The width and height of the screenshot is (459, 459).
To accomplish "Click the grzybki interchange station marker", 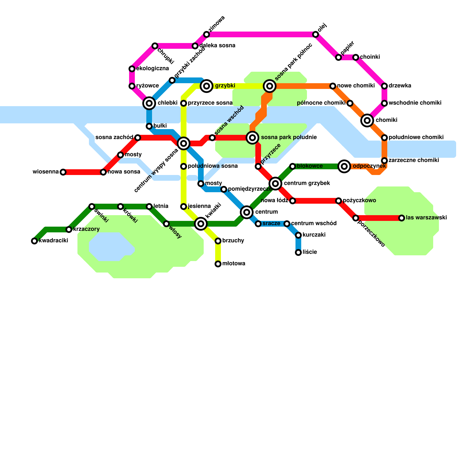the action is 207,86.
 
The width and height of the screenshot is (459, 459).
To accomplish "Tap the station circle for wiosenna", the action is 63,172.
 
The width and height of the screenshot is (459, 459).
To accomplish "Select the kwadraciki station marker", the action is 34,241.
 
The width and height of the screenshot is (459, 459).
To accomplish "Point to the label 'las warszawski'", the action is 426,218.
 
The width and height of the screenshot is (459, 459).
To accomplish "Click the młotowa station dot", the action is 218,264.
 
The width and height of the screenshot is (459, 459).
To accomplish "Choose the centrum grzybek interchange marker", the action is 275,183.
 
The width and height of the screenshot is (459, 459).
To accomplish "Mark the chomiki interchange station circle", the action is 367,120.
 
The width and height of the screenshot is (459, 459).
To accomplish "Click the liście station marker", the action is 298,252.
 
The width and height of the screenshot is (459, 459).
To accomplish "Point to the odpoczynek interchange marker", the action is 344,166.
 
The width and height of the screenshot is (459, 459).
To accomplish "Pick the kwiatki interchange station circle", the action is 201,224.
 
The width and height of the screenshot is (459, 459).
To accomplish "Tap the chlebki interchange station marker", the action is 149,103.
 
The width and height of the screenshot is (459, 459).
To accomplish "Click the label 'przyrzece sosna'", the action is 210,103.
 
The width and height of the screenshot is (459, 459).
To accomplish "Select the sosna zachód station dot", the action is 138,138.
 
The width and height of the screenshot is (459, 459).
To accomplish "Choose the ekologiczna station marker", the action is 132,69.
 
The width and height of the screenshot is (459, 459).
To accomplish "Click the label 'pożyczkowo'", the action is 359,201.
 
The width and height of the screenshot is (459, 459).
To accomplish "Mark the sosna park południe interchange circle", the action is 252,137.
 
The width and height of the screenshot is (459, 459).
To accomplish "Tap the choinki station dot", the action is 356,57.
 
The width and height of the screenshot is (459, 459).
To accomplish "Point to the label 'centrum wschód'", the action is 314,223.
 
